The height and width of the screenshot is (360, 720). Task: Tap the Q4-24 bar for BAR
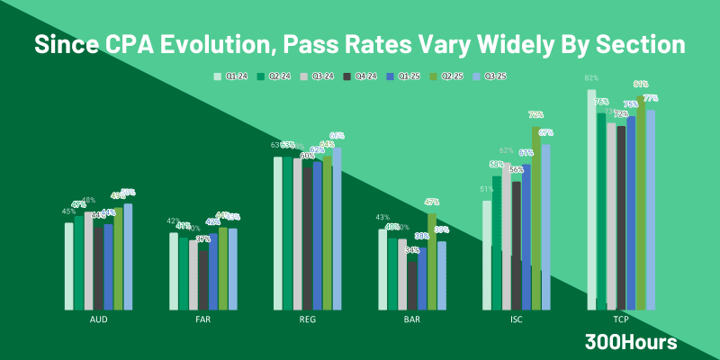tap(412, 283)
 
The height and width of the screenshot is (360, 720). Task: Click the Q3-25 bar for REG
tap(337, 229)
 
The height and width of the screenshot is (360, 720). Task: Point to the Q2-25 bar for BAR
tap(432, 260)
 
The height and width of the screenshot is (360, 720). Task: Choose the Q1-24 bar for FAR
tap(174, 270)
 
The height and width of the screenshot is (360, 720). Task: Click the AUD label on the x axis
tap(100, 319)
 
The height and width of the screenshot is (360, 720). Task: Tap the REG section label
tap(308, 319)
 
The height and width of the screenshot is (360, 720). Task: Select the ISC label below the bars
tap(516, 319)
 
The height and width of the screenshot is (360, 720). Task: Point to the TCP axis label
tap(620, 319)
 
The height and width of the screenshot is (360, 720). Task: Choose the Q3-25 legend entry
tap(496, 76)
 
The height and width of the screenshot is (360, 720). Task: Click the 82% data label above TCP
tap(591, 78)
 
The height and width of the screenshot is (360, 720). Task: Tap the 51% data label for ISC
tap(487, 189)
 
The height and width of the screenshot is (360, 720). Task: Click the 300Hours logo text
tap(630, 342)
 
